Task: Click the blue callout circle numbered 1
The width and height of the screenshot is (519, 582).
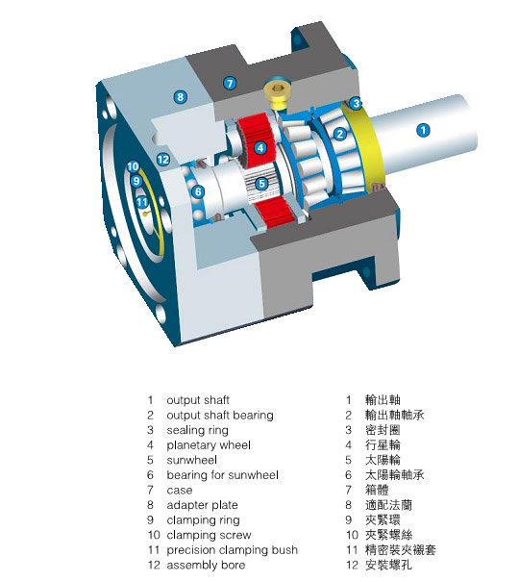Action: (x=423, y=130)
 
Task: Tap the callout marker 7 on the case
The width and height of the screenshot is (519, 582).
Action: (x=230, y=83)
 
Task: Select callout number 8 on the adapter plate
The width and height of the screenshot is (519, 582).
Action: (x=180, y=97)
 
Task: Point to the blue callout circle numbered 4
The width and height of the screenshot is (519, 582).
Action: (x=260, y=148)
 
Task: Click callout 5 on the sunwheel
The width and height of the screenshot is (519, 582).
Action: (x=261, y=183)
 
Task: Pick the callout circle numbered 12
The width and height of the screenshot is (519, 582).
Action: (x=163, y=160)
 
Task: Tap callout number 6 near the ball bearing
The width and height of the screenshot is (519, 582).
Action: (x=198, y=191)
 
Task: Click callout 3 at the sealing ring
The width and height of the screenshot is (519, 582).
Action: (x=356, y=103)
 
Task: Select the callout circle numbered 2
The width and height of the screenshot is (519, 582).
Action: (x=340, y=134)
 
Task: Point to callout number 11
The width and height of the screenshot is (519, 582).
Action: (x=142, y=202)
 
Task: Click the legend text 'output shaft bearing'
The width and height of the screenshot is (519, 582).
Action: (x=220, y=415)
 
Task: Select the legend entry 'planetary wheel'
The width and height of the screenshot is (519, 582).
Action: (x=209, y=445)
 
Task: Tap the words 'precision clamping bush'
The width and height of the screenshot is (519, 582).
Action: (x=233, y=549)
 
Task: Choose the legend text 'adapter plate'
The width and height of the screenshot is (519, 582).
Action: (x=203, y=505)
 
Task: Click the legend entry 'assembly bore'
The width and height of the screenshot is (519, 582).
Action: (x=206, y=565)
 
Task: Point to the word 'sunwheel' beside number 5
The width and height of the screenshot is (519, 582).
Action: (x=191, y=460)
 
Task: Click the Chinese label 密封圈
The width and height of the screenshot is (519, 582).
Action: (x=383, y=430)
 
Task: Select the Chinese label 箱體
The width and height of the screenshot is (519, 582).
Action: (x=377, y=490)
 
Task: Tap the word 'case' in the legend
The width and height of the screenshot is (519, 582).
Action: (x=180, y=491)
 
